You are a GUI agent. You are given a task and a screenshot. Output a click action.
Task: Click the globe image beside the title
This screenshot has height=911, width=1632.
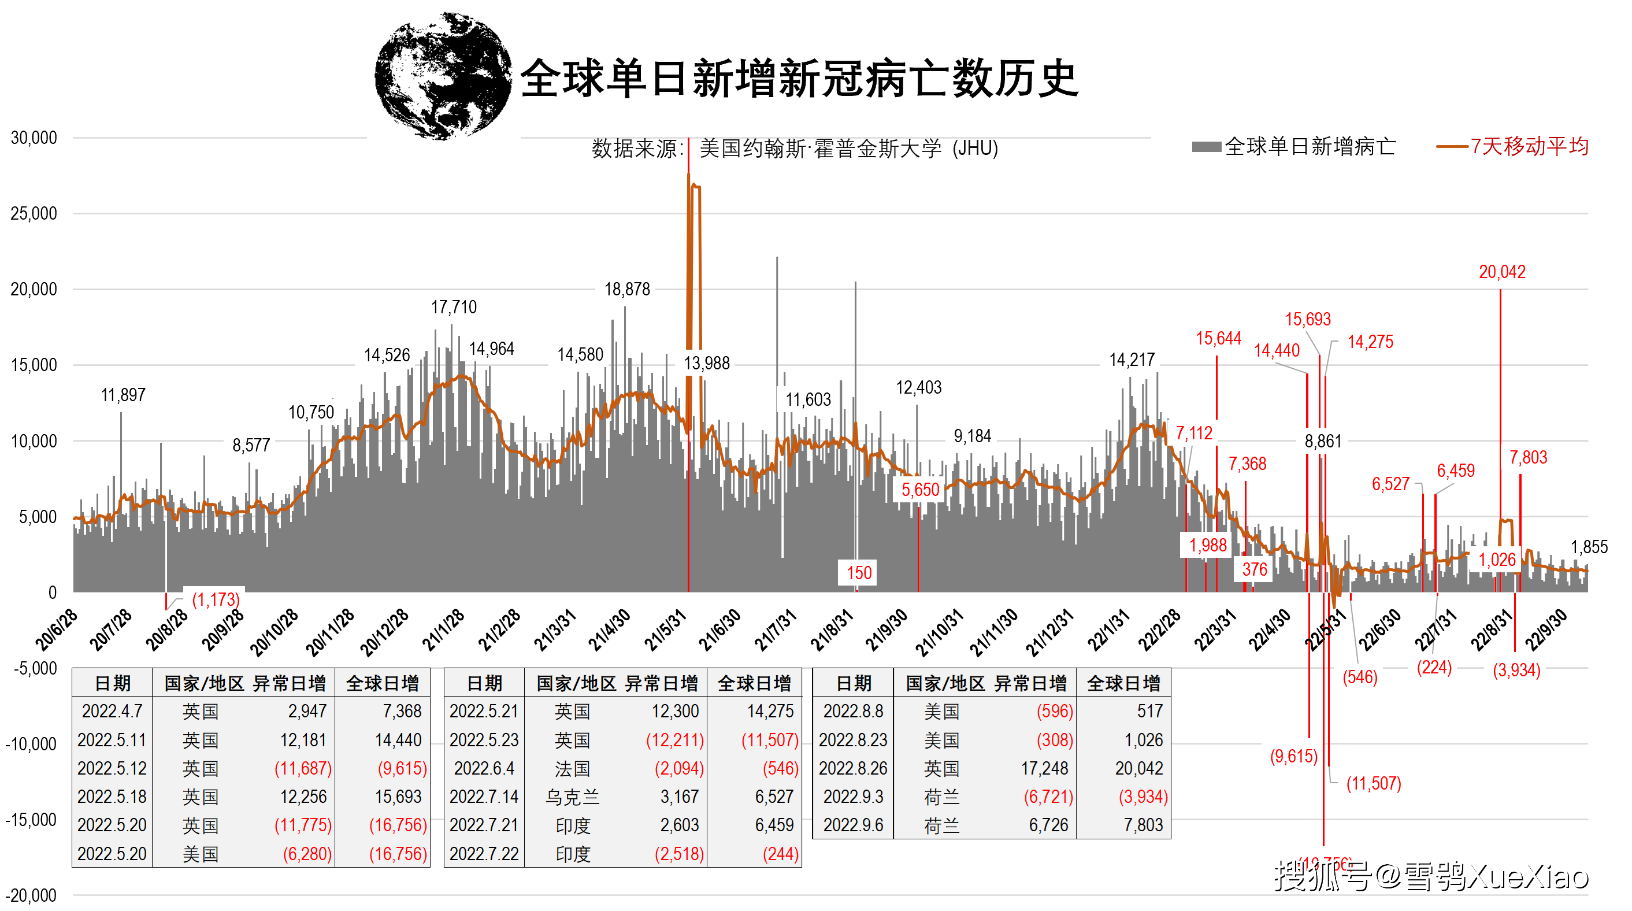tap(443, 76)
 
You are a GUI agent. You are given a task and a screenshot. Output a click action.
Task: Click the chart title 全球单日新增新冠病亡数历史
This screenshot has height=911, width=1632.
tap(798, 79)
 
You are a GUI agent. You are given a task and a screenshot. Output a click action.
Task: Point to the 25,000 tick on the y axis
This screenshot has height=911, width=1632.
tap(34, 213)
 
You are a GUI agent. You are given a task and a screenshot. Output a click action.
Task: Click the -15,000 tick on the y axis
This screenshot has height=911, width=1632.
tap(31, 820)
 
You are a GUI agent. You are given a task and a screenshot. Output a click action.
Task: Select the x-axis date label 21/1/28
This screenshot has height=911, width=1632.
tap(443, 629)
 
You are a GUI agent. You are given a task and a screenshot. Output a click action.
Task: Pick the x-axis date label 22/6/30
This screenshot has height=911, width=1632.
tap(1380, 629)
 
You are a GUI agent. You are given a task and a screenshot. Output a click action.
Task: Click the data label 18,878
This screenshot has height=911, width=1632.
tap(626, 290)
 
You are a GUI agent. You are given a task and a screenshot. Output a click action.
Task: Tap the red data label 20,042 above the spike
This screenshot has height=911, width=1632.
tap(1501, 272)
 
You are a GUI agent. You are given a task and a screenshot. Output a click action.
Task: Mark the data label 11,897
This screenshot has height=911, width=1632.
tap(123, 395)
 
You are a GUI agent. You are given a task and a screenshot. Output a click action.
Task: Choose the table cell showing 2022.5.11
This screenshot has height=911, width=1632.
tap(112, 740)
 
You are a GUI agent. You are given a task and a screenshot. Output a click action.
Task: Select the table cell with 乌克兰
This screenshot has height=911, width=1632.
tap(572, 797)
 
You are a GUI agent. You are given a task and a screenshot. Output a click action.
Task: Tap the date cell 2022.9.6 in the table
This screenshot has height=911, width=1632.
tap(853, 825)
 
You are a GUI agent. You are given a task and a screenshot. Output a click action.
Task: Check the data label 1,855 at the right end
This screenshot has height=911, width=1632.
tap(1588, 547)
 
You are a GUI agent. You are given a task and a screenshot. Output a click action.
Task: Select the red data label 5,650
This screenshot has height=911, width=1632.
tap(920, 490)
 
